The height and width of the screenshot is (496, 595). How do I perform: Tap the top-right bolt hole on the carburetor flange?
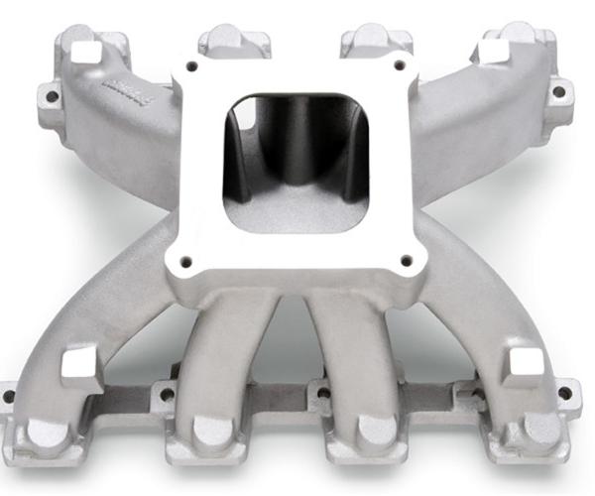coord(402,65)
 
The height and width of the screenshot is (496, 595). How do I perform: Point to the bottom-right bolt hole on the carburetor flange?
coord(407,260)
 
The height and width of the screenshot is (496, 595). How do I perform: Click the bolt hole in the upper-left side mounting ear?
coord(51,96)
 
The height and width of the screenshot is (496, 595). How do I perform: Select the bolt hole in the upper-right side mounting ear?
coord(558,91)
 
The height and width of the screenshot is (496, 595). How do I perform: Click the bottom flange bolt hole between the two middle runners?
coord(323,393)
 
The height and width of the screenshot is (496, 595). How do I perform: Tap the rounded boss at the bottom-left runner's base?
coord(47,433)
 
